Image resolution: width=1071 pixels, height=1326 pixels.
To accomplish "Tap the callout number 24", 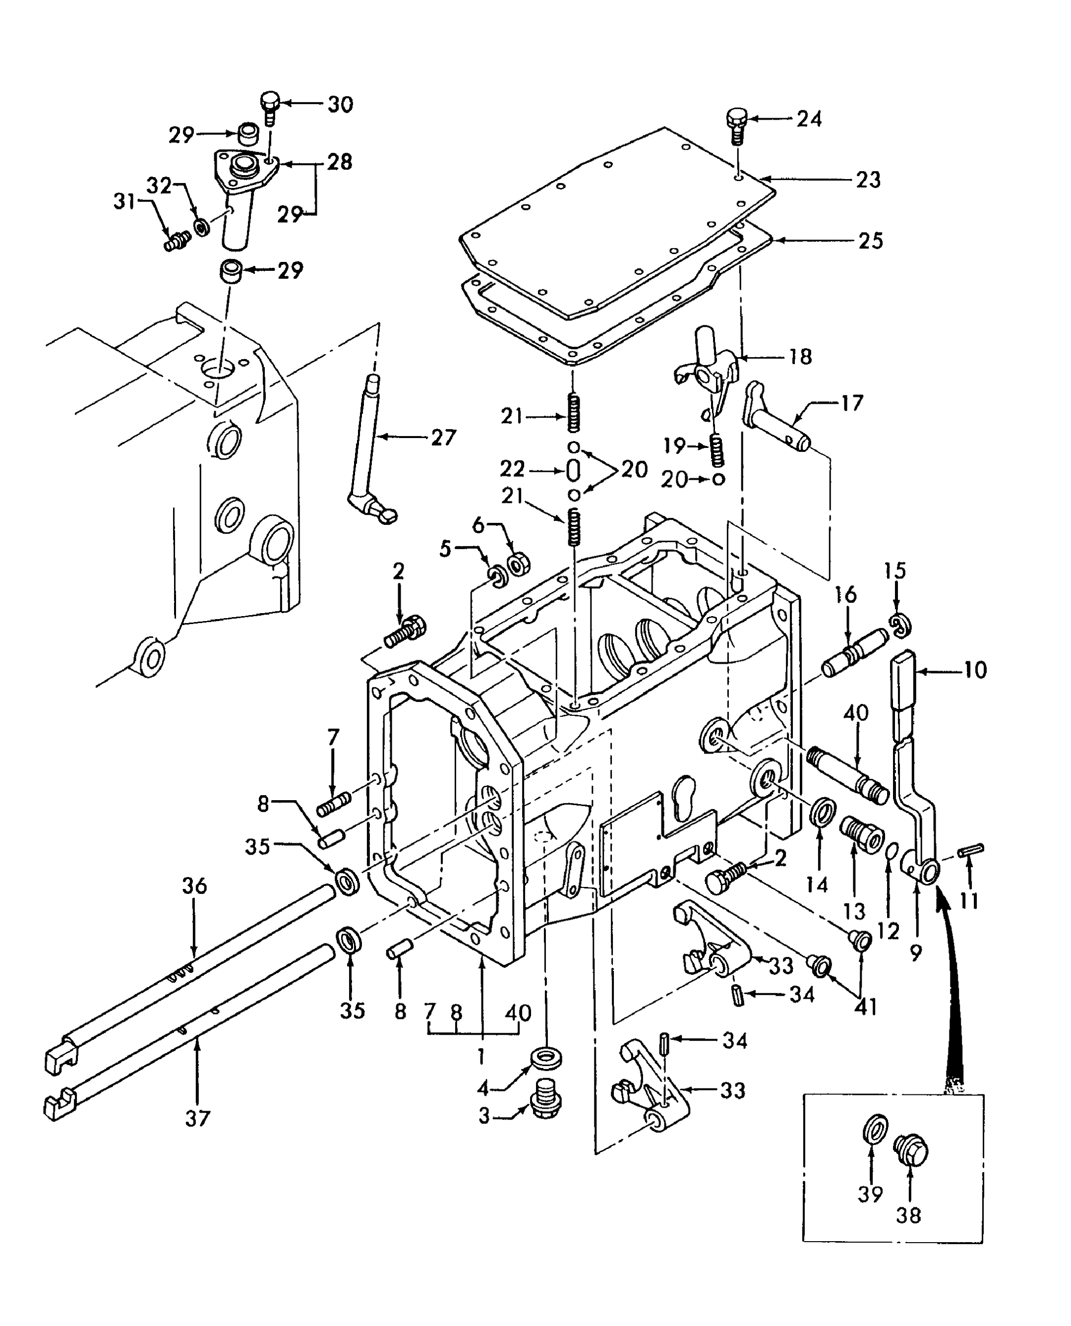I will (x=809, y=119).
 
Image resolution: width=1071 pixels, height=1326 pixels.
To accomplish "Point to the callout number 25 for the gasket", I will (x=871, y=241).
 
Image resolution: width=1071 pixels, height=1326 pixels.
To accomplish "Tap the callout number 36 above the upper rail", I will (x=194, y=886).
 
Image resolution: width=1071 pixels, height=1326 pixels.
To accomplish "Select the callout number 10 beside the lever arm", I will (x=975, y=670).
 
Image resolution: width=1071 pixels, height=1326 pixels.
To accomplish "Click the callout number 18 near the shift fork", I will (x=801, y=357).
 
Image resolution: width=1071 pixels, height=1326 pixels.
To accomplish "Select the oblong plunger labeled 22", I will (x=573, y=470).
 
